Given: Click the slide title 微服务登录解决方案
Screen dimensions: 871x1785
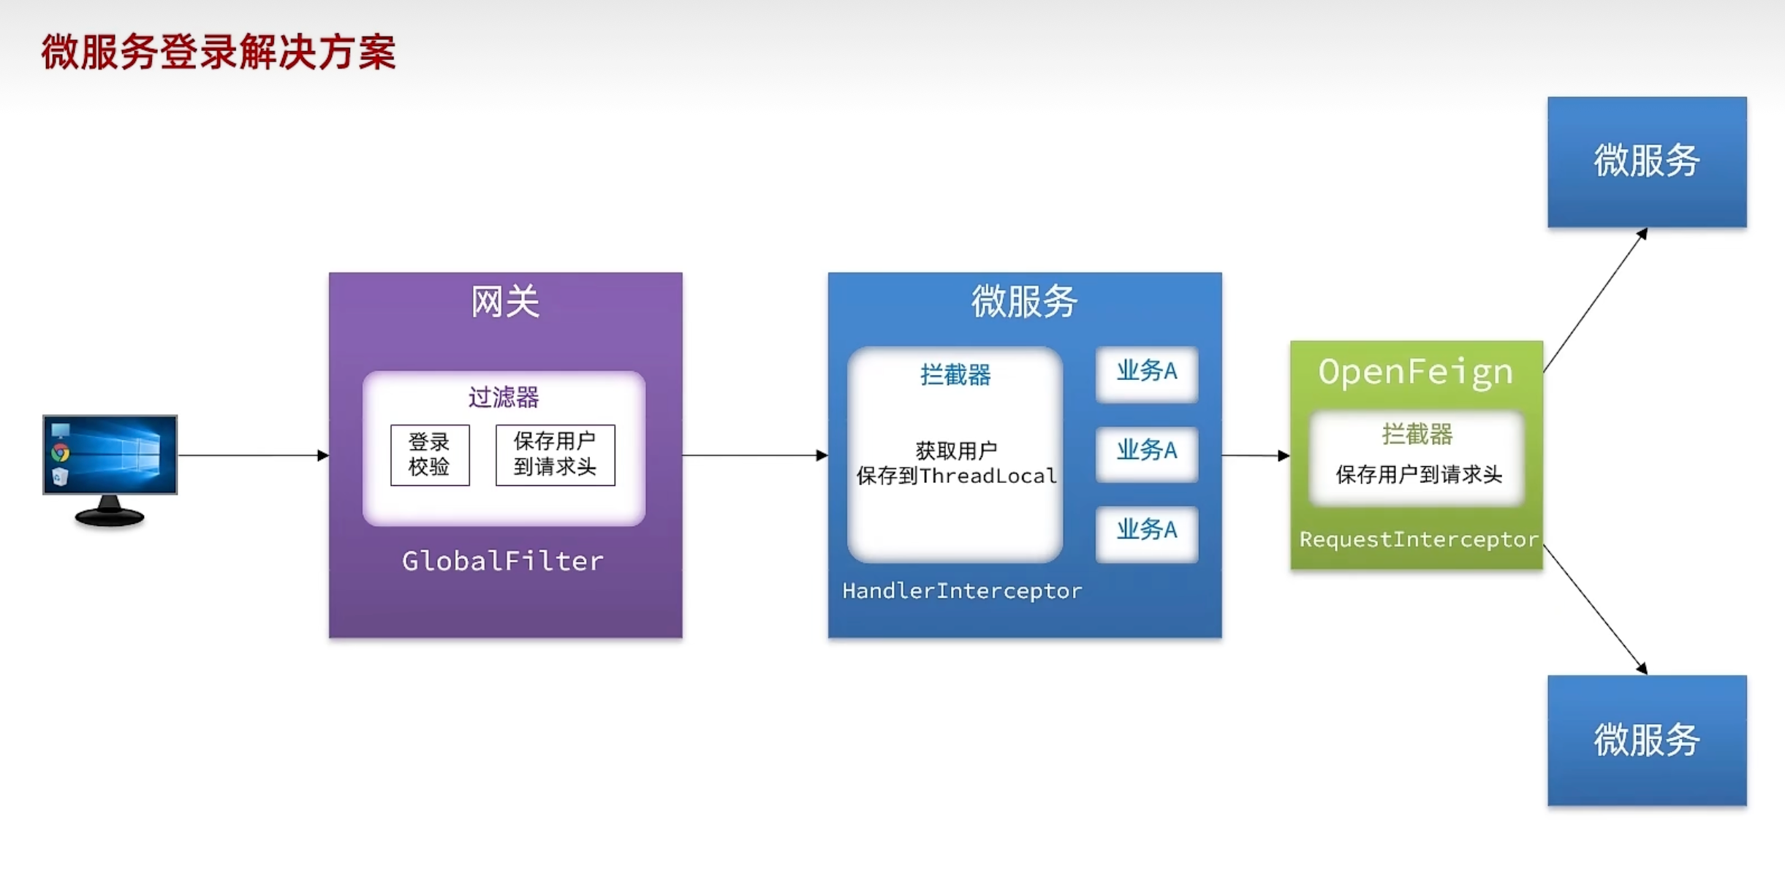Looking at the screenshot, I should tap(218, 52).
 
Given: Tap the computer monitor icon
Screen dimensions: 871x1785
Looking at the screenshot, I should tap(110, 468).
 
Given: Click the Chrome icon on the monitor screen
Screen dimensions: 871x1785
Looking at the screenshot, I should tap(61, 453).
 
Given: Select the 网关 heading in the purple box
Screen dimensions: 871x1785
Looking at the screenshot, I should tap(504, 302).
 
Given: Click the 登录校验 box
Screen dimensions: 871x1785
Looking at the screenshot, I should tap(430, 454).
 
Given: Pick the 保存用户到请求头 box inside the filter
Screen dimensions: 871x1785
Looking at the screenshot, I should tap(555, 454).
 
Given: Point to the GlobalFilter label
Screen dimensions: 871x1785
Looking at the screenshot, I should tap(503, 561).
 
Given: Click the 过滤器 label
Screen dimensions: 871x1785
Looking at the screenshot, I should tap(504, 398).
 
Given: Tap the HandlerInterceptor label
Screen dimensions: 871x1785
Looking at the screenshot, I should tap(962, 590).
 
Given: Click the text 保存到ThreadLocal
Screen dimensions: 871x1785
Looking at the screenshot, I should tap(956, 476).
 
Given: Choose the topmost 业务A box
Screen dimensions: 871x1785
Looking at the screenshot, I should tap(1146, 372).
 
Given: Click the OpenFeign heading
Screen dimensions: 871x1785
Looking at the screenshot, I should tap(1415, 372).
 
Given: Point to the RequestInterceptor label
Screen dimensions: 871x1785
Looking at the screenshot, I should tap(1418, 539).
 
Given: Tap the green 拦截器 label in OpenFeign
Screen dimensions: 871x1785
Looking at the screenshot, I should tap(1417, 435).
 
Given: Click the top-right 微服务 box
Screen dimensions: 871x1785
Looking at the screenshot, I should tap(1646, 161).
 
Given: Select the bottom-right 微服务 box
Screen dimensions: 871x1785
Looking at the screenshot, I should tap(1646, 739).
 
